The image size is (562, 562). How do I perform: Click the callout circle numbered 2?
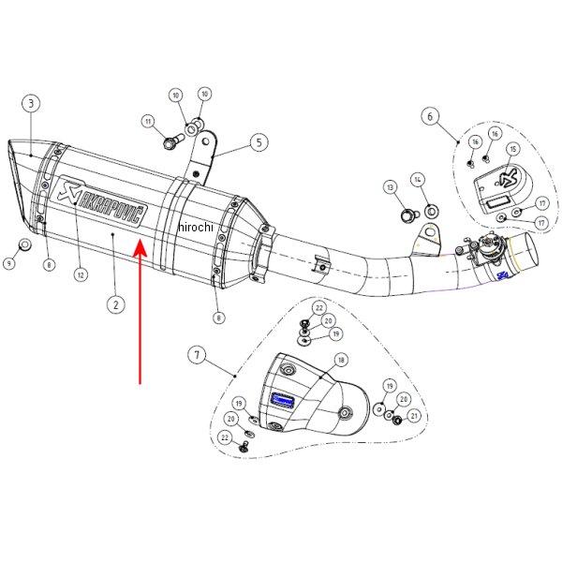click(114, 303)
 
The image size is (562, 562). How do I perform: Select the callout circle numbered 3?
click(31, 102)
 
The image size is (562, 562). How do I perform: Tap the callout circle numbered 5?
click(257, 143)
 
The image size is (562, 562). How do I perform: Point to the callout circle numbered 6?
click(430, 117)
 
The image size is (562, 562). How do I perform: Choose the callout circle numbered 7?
click(197, 355)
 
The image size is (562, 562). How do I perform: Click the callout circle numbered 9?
click(8, 264)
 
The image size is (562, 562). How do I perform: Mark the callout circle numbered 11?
click(147, 121)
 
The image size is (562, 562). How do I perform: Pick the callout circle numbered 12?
click(81, 275)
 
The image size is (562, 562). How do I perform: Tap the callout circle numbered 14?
click(418, 178)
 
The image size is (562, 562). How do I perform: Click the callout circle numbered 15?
click(512, 149)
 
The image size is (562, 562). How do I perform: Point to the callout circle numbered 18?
click(340, 360)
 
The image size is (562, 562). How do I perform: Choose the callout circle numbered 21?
click(414, 414)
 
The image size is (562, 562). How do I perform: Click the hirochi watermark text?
click(197, 227)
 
